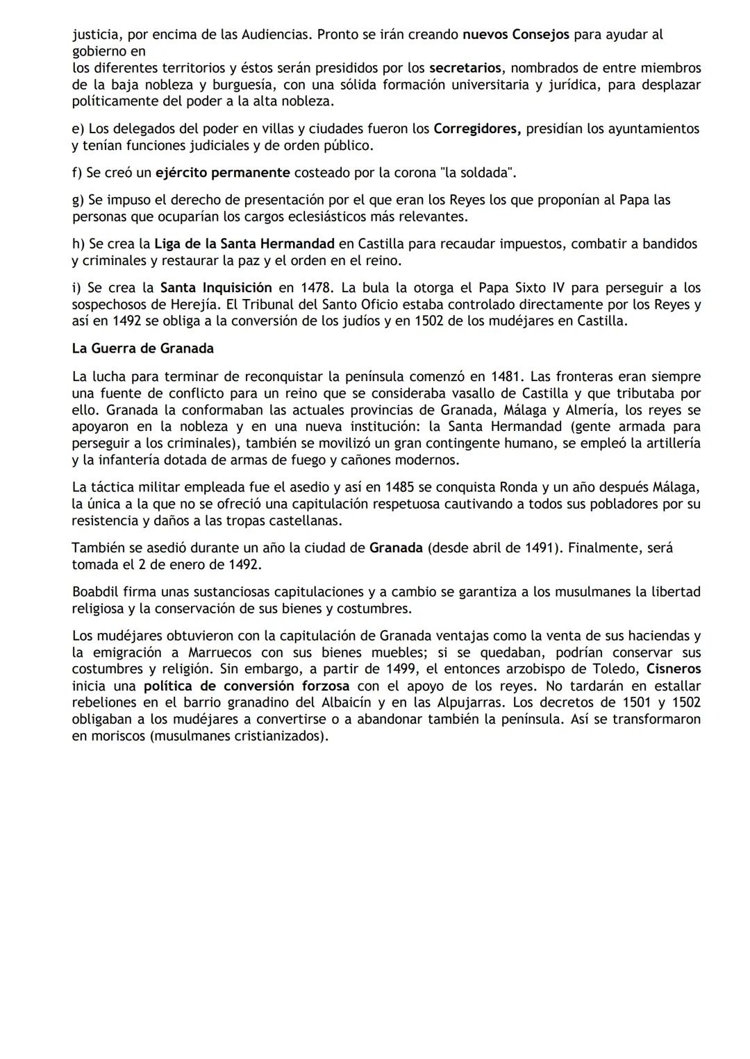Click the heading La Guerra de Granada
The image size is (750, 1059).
point(142,348)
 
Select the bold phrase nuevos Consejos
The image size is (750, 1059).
point(515,34)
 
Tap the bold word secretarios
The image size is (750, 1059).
point(465,68)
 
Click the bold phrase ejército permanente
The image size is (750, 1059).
point(222,173)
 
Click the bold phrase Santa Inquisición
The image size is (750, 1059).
point(216,288)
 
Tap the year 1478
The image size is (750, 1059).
point(315,288)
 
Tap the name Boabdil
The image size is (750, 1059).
point(94,592)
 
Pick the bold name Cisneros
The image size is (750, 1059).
point(673,670)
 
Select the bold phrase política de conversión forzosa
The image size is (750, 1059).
point(247,686)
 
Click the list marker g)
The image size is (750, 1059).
point(78,200)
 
